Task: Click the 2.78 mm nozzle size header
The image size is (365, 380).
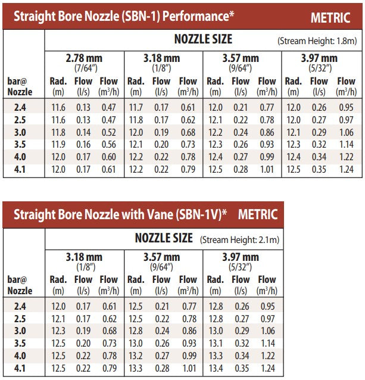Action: click(83, 58)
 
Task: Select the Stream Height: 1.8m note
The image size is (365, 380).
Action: click(317, 41)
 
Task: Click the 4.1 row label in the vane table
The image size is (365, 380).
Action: click(20, 369)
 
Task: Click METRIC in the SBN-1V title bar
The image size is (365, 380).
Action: click(257, 214)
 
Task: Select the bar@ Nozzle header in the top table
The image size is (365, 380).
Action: click(20, 86)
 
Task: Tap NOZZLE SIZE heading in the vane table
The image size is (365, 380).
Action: click(164, 238)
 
